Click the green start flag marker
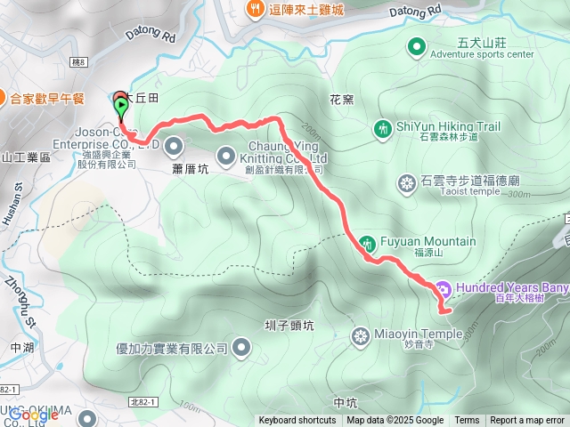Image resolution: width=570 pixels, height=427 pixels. click(121, 106)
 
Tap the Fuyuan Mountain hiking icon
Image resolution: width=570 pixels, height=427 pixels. click(368, 242)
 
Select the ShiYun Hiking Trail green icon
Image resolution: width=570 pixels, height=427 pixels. click(382, 130)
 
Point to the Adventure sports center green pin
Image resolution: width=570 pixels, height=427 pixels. click(416, 46)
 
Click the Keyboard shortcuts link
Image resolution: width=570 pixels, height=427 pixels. click(297, 421)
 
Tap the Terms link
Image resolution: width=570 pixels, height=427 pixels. click(467, 421)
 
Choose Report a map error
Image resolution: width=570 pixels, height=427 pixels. click(528, 421)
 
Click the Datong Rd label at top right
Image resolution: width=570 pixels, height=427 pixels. click(415, 12)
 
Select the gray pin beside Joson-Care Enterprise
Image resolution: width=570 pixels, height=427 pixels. click(173, 144)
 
